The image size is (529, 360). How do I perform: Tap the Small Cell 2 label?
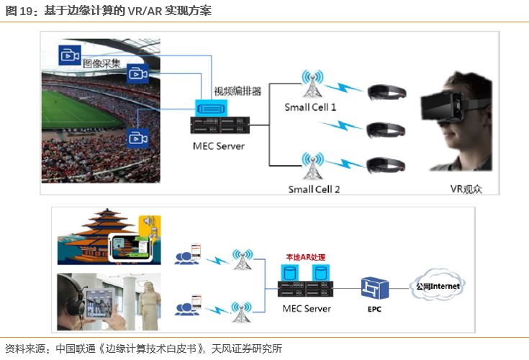(314, 189)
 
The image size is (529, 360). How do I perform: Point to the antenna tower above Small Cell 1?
(312, 84)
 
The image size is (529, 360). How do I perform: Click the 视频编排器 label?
(238, 92)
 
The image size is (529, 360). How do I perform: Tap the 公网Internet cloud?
(438, 287)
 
